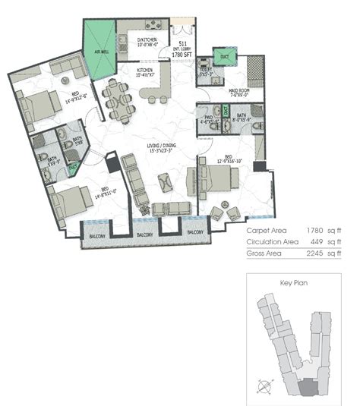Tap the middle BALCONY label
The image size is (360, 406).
tap(147, 236)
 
